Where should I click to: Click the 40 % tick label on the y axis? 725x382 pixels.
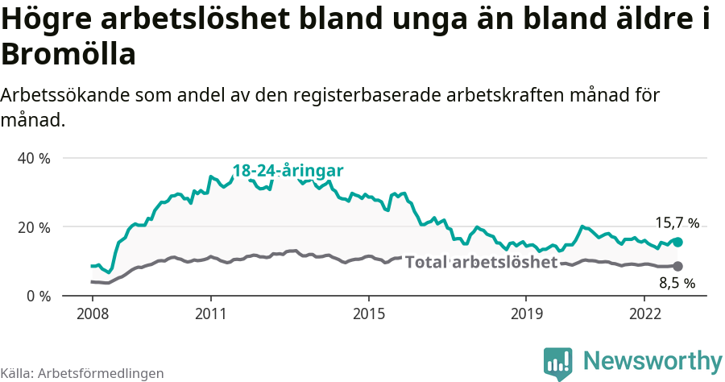(33, 159)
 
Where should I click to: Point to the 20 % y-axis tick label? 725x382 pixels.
(33, 227)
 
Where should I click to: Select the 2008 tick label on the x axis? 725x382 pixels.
(92, 313)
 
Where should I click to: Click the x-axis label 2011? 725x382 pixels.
(210, 313)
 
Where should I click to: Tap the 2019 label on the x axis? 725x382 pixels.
(526, 313)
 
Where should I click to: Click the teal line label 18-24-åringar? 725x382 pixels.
(288, 171)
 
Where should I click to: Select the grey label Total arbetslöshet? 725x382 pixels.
(481, 262)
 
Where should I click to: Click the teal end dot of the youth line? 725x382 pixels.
(677, 242)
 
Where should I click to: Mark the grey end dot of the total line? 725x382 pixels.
(677, 266)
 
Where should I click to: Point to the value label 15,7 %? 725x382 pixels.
(677, 223)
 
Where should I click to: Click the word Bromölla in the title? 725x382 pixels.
(68, 55)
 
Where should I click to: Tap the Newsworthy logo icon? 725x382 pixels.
(558, 363)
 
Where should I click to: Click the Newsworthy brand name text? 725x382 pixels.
(652, 360)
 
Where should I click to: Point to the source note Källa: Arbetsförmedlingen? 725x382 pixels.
(82, 373)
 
